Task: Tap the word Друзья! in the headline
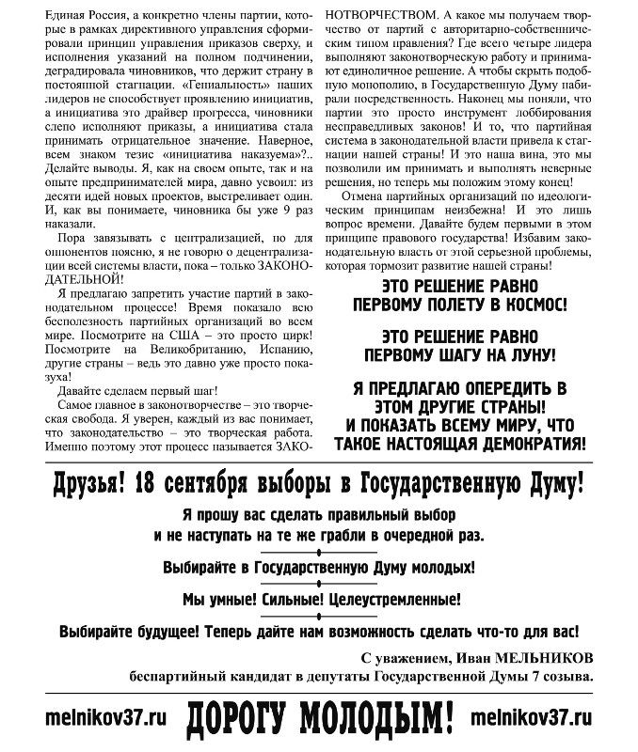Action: tap(92, 485)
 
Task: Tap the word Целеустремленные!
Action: tap(393, 598)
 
